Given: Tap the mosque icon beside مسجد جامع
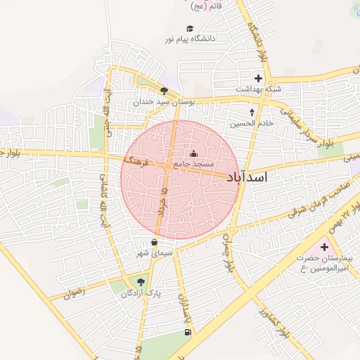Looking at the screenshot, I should pos(195,154).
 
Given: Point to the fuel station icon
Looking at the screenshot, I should pos(187,332).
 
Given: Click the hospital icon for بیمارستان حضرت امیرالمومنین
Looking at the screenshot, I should pos(324,247).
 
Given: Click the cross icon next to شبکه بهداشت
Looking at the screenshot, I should pos(258,78).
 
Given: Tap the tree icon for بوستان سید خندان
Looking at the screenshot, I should pos(165,91).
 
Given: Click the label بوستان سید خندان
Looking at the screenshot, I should pos(164,102).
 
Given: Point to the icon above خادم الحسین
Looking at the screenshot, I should pos(252,111).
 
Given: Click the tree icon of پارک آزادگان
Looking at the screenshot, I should pos(141,281).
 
